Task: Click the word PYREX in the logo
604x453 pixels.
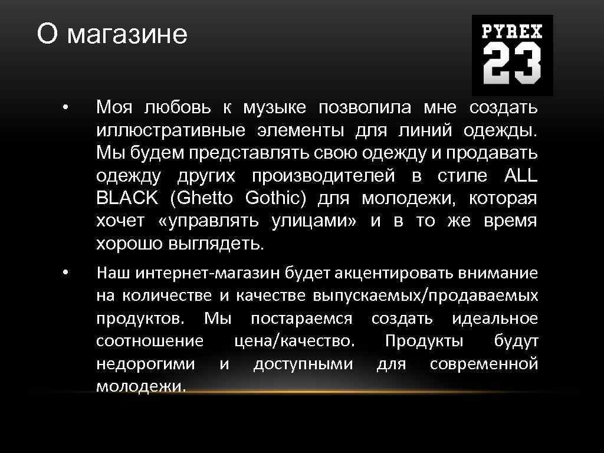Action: pos(512,31)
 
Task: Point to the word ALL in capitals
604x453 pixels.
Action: pos(521,176)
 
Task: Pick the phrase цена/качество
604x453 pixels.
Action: pos(294,342)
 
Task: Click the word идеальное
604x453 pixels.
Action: pos(495,319)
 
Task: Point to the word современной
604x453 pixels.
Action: pos(484,364)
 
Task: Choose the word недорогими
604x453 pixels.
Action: pos(145,364)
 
